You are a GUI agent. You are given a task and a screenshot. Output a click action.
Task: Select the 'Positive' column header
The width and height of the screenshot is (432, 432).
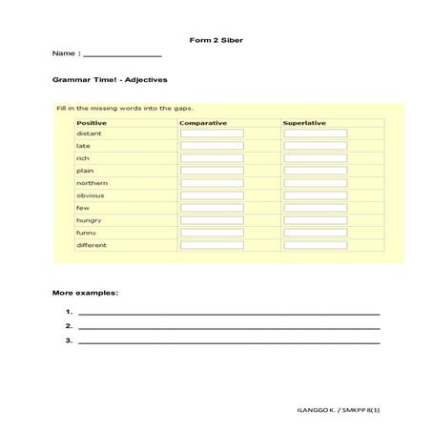(x=92, y=122)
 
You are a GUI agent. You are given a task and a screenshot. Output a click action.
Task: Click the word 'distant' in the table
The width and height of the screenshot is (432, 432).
(x=89, y=134)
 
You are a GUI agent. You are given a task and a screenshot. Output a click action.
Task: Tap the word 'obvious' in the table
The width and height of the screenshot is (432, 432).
(x=91, y=195)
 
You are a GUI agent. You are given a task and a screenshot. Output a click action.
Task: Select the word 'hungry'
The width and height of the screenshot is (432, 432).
(x=90, y=220)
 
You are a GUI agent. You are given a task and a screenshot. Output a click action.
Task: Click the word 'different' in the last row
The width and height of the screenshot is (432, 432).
(x=93, y=245)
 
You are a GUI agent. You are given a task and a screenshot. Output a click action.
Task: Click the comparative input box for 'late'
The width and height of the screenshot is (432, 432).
(x=212, y=146)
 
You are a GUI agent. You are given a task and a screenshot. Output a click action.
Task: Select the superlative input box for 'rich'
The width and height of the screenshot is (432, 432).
(x=315, y=158)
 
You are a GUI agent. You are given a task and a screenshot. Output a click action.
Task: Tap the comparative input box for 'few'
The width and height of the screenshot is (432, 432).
(x=212, y=208)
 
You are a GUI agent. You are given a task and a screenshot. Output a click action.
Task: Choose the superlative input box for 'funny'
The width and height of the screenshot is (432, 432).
(x=315, y=233)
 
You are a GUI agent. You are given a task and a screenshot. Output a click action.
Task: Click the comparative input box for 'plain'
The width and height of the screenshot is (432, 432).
(x=212, y=171)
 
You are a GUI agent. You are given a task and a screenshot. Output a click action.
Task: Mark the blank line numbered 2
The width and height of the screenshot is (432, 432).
(x=229, y=326)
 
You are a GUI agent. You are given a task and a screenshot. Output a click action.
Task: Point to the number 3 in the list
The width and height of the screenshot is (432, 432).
(x=70, y=339)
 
